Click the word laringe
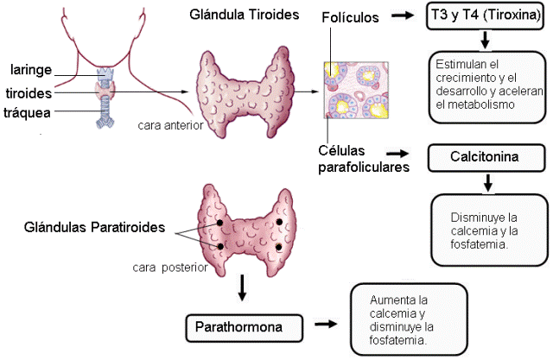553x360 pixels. click(31, 70)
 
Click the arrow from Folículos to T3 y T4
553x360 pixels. click(403, 16)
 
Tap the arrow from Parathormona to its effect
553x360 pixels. click(326, 325)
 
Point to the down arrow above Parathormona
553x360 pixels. click(244, 289)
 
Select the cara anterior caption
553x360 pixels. click(169, 125)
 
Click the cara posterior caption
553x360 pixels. click(170, 267)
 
